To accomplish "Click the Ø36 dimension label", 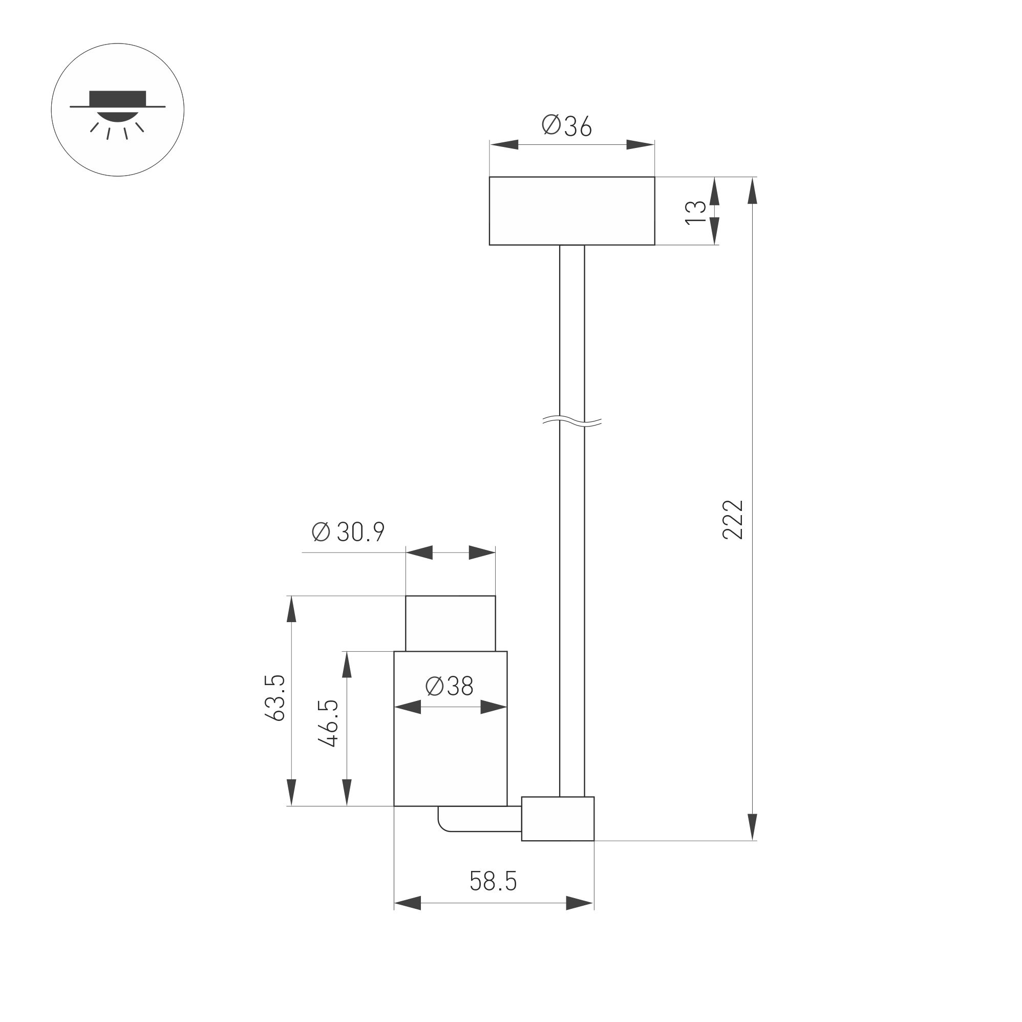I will (566, 126).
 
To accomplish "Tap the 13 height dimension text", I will (696, 212).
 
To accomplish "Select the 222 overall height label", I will (733, 520).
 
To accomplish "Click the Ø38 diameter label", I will (449, 687).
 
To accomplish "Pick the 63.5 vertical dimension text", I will (275, 698).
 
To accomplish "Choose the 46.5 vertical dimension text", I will (329, 723).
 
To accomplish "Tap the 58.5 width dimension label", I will (493, 881).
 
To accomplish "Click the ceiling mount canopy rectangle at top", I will (572, 210).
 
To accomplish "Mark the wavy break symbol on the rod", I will (572, 421).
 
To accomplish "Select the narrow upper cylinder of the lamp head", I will (450, 623).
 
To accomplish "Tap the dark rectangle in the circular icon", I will (117, 98).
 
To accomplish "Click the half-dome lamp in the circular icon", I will (117, 114).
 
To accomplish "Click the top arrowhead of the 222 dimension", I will (752, 190).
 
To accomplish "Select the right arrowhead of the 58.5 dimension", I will (580, 903).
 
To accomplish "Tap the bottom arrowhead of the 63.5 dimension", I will (291, 792).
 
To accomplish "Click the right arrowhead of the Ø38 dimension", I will (494, 707).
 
